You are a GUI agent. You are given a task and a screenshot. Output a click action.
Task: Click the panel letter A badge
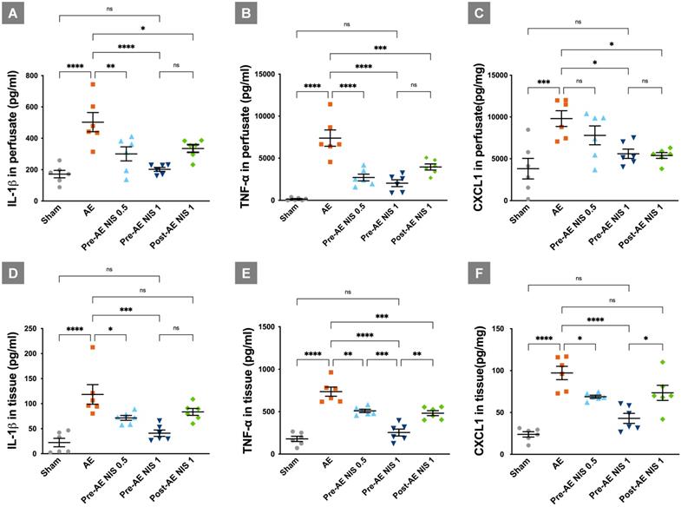[x=15, y=14]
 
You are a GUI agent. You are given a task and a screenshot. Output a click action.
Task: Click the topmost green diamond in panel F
[x=661, y=363]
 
